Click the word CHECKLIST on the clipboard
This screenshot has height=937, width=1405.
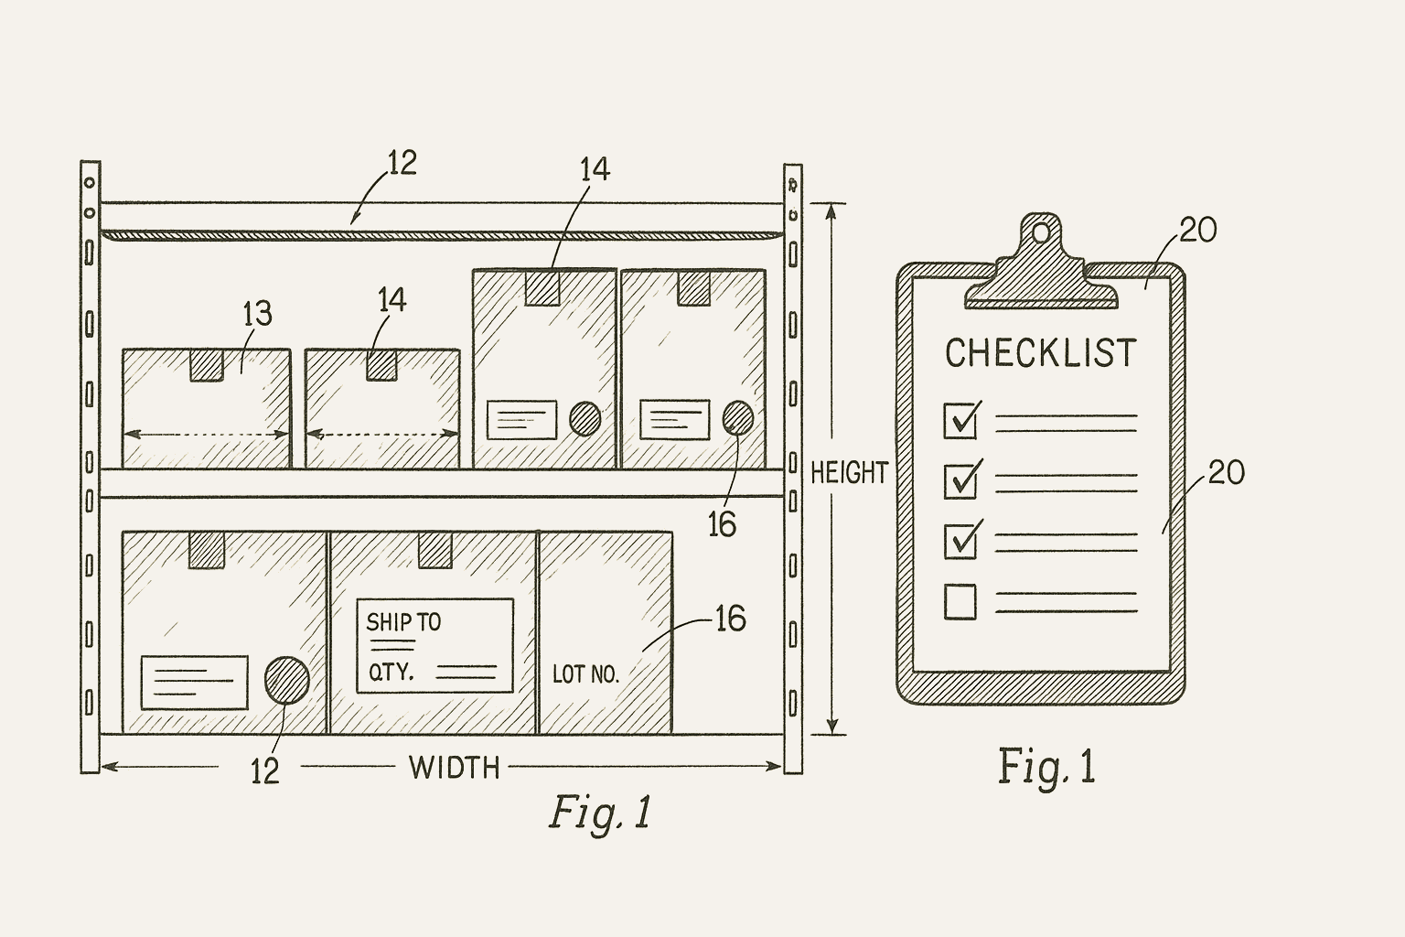[x=1040, y=353]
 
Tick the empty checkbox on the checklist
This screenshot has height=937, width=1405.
[x=960, y=601]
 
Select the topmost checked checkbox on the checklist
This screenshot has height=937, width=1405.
[x=960, y=420]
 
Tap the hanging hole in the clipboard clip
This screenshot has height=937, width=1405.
[x=1041, y=233]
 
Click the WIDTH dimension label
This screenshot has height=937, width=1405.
[x=454, y=767]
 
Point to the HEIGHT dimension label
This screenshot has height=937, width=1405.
[x=849, y=473]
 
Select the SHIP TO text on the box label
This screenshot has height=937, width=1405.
[x=403, y=623]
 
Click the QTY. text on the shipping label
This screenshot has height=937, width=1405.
[x=391, y=673]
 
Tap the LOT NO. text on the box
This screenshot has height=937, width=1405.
[x=585, y=675]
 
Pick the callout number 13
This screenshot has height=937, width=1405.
[x=257, y=315]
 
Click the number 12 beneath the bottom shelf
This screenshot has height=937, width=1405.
[x=264, y=772]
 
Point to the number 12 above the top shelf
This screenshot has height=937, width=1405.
[x=402, y=164]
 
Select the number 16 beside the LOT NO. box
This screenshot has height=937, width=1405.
[x=729, y=620]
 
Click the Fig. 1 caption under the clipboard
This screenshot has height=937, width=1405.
[x=1046, y=767]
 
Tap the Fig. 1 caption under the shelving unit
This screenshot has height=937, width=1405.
[x=600, y=812]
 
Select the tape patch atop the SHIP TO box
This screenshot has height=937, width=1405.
[x=435, y=550]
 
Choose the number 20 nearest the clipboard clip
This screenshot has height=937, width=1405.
[x=1197, y=231]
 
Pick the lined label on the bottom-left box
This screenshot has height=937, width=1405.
[x=194, y=682]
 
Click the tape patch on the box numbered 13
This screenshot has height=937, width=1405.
[x=206, y=365]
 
